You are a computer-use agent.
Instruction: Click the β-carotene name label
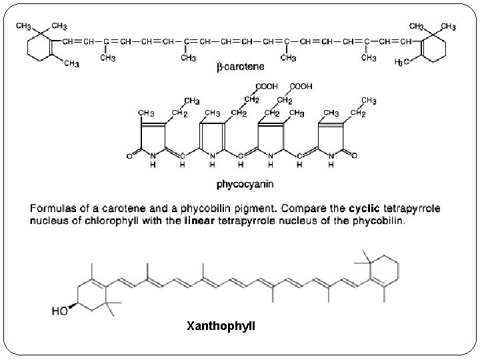pyautogui.click(x=240, y=67)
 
